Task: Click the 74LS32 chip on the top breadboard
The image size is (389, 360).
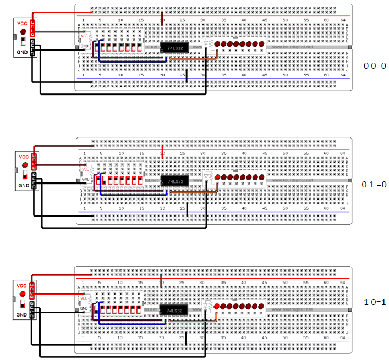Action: pos(174,48)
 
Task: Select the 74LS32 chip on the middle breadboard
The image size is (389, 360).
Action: pos(175,181)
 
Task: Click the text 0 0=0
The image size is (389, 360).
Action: pos(376,65)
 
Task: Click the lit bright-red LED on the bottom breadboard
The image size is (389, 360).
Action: pos(216,306)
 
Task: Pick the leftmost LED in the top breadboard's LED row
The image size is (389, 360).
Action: pos(218,43)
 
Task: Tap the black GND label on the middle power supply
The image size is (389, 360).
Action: pos(24,186)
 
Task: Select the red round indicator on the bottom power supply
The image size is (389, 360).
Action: pos(23,292)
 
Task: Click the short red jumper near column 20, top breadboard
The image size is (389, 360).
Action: pos(162,17)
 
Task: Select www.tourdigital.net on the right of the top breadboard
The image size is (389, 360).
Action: pos(292,47)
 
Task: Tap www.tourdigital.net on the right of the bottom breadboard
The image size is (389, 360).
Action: pos(292,309)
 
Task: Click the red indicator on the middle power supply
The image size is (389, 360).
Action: pos(24,164)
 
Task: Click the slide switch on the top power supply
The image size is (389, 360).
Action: pos(23,41)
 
